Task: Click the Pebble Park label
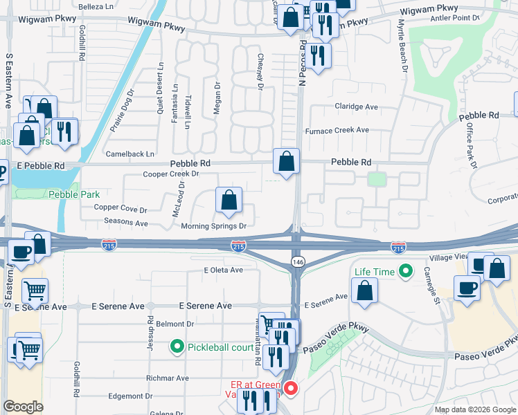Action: (74, 195)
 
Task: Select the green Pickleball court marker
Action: (177, 347)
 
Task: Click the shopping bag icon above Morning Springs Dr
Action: (229, 201)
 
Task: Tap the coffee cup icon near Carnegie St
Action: (467, 288)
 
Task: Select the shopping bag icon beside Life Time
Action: (364, 291)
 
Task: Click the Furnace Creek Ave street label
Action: (337, 130)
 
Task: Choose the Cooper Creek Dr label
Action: (170, 174)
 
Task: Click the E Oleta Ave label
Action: (223, 270)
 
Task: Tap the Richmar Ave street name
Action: (167, 378)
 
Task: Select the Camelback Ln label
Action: (129, 153)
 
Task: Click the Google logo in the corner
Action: (24, 407)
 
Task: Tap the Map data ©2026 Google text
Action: (474, 409)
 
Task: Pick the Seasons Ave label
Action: (125, 223)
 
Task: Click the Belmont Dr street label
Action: (175, 324)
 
